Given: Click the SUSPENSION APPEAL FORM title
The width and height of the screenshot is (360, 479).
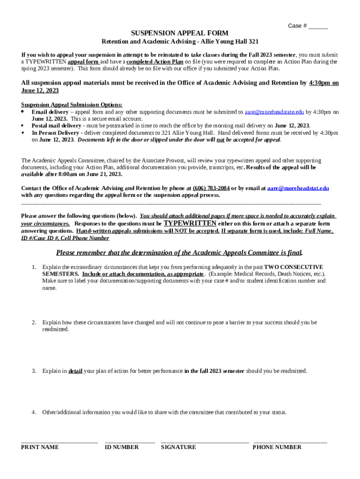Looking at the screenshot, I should (x=180, y=33).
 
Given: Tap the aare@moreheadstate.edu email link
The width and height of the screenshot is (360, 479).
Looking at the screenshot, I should (x=274, y=112).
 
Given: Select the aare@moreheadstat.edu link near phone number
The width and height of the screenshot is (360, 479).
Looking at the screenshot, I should (x=298, y=189).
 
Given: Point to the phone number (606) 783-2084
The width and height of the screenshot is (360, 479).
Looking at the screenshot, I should (x=211, y=189).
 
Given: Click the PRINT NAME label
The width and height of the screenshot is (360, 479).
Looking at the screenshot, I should (x=40, y=447).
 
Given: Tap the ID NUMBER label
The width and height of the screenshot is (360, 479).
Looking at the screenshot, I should (x=122, y=447).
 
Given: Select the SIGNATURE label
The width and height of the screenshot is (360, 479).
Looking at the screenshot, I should (x=178, y=447).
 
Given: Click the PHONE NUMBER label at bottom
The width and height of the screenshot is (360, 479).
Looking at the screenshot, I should (x=277, y=447).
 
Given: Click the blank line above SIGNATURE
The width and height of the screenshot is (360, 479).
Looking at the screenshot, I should (x=205, y=442).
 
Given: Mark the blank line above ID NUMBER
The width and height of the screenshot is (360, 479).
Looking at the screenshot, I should (x=130, y=442).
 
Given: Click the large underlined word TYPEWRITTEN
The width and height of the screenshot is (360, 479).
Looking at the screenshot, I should (x=190, y=223).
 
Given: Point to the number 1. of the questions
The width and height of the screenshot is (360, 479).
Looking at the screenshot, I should (x=34, y=267).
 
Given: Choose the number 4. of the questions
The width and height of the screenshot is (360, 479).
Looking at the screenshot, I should (x=34, y=413).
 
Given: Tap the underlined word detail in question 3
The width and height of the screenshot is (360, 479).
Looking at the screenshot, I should (x=75, y=371).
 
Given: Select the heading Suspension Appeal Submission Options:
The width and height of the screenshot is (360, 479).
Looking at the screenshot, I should (x=72, y=105).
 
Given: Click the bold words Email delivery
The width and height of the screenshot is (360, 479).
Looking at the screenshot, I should (x=50, y=112).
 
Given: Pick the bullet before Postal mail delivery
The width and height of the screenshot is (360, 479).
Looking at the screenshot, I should (x=23, y=126).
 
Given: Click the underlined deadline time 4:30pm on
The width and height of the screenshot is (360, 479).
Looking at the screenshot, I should (x=324, y=83).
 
